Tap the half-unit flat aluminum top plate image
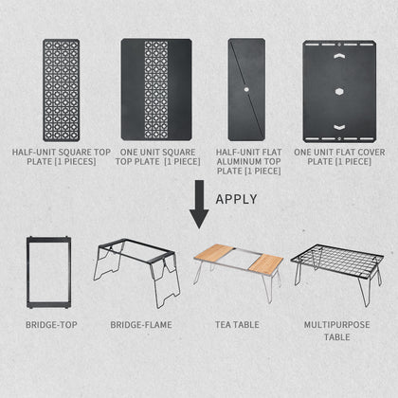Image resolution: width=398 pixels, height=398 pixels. pyautogui.click(x=245, y=89)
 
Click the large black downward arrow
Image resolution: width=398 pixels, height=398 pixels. pyautogui.click(x=199, y=204)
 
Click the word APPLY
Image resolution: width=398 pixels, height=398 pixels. pyautogui.click(x=238, y=199)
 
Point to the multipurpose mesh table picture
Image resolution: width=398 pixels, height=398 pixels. pyautogui.click(x=337, y=262)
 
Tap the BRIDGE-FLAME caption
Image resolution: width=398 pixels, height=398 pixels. pyautogui.click(x=139, y=325)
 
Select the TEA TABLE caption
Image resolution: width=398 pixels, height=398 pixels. pyautogui.click(x=237, y=325)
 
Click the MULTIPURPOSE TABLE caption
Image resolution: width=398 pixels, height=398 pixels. pyautogui.click(x=337, y=331)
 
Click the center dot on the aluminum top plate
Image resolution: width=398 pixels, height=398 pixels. pyautogui.click(x=246, y=90)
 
